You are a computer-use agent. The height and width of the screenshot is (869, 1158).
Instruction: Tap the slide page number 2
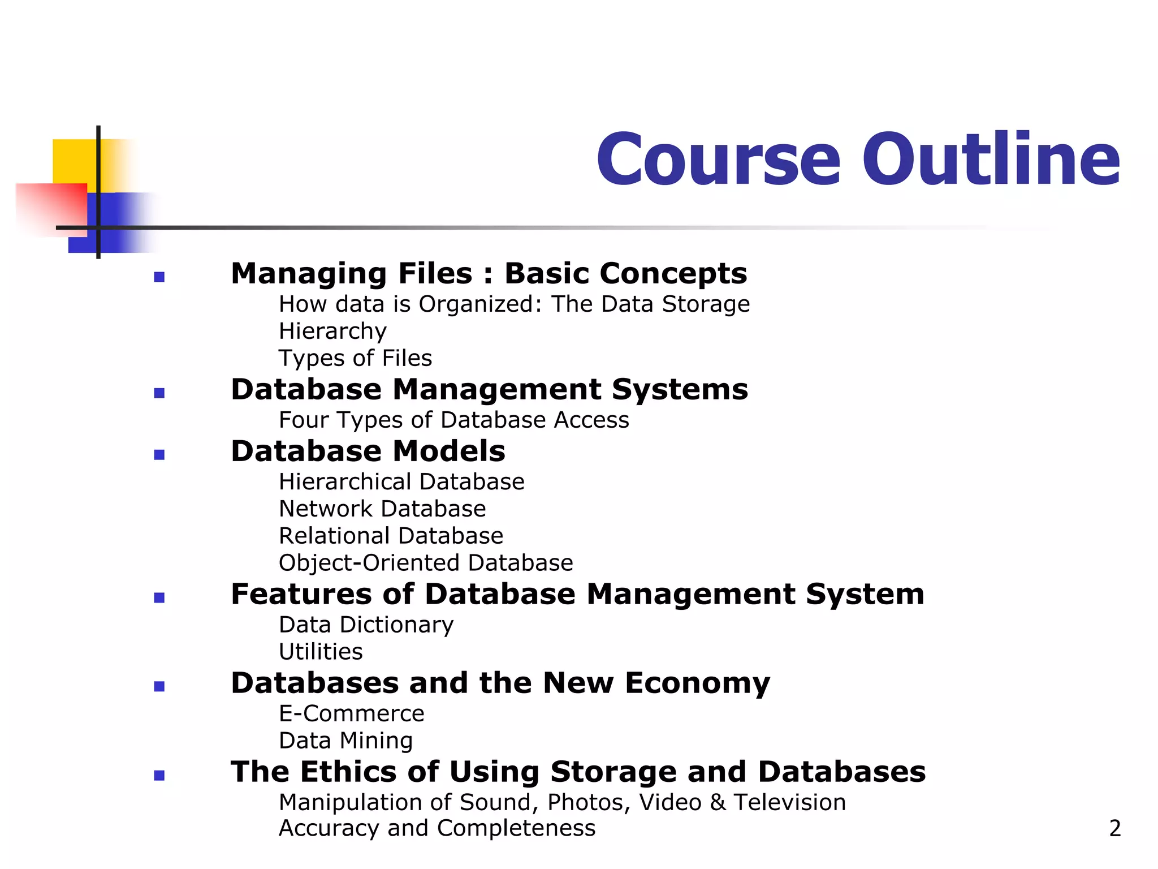pyautogui.click(x=1114, y=828)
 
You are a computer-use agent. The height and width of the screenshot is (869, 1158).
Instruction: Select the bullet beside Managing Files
pyautogui.click(x=159, y=277)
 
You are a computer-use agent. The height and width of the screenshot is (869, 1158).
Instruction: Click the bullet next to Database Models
pyautogui.click(x=159, y=455)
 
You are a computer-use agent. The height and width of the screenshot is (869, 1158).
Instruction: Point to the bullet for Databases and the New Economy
pyautogui.click(x=159, y=687)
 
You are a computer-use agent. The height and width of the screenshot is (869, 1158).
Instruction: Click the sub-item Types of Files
pyautogui.click(x=355, y=358)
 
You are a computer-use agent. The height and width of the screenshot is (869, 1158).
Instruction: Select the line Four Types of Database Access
pyautogui.click(x=453, y=420)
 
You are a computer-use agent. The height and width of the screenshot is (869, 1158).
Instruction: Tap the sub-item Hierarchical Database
pyautogui.click(x=401, y=482)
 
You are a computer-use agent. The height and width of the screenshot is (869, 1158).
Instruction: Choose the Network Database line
pyautogui.click(x=382, y=509)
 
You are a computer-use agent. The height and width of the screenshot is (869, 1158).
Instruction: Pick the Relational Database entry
pyautogui.click(x=391, y=536)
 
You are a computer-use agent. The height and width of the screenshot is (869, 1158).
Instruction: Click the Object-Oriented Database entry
pyautogui.click(x=426, y=563)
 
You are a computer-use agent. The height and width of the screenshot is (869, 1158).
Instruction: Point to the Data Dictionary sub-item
pyautogui.click(x=366, y=625)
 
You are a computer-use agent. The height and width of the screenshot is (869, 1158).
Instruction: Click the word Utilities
pyautogui.click(x=321, y=652)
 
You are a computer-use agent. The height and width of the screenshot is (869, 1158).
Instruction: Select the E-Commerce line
pyautogui.click(x=351, y=714)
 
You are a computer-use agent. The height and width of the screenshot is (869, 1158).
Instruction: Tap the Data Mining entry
pyautogui.click(x=345, y=741)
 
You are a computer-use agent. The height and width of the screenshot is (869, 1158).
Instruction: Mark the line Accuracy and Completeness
pyautogui.click(x=437, y=828)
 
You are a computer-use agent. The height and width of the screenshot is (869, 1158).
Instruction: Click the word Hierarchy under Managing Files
pyautogui.click(x=332, y=332)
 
